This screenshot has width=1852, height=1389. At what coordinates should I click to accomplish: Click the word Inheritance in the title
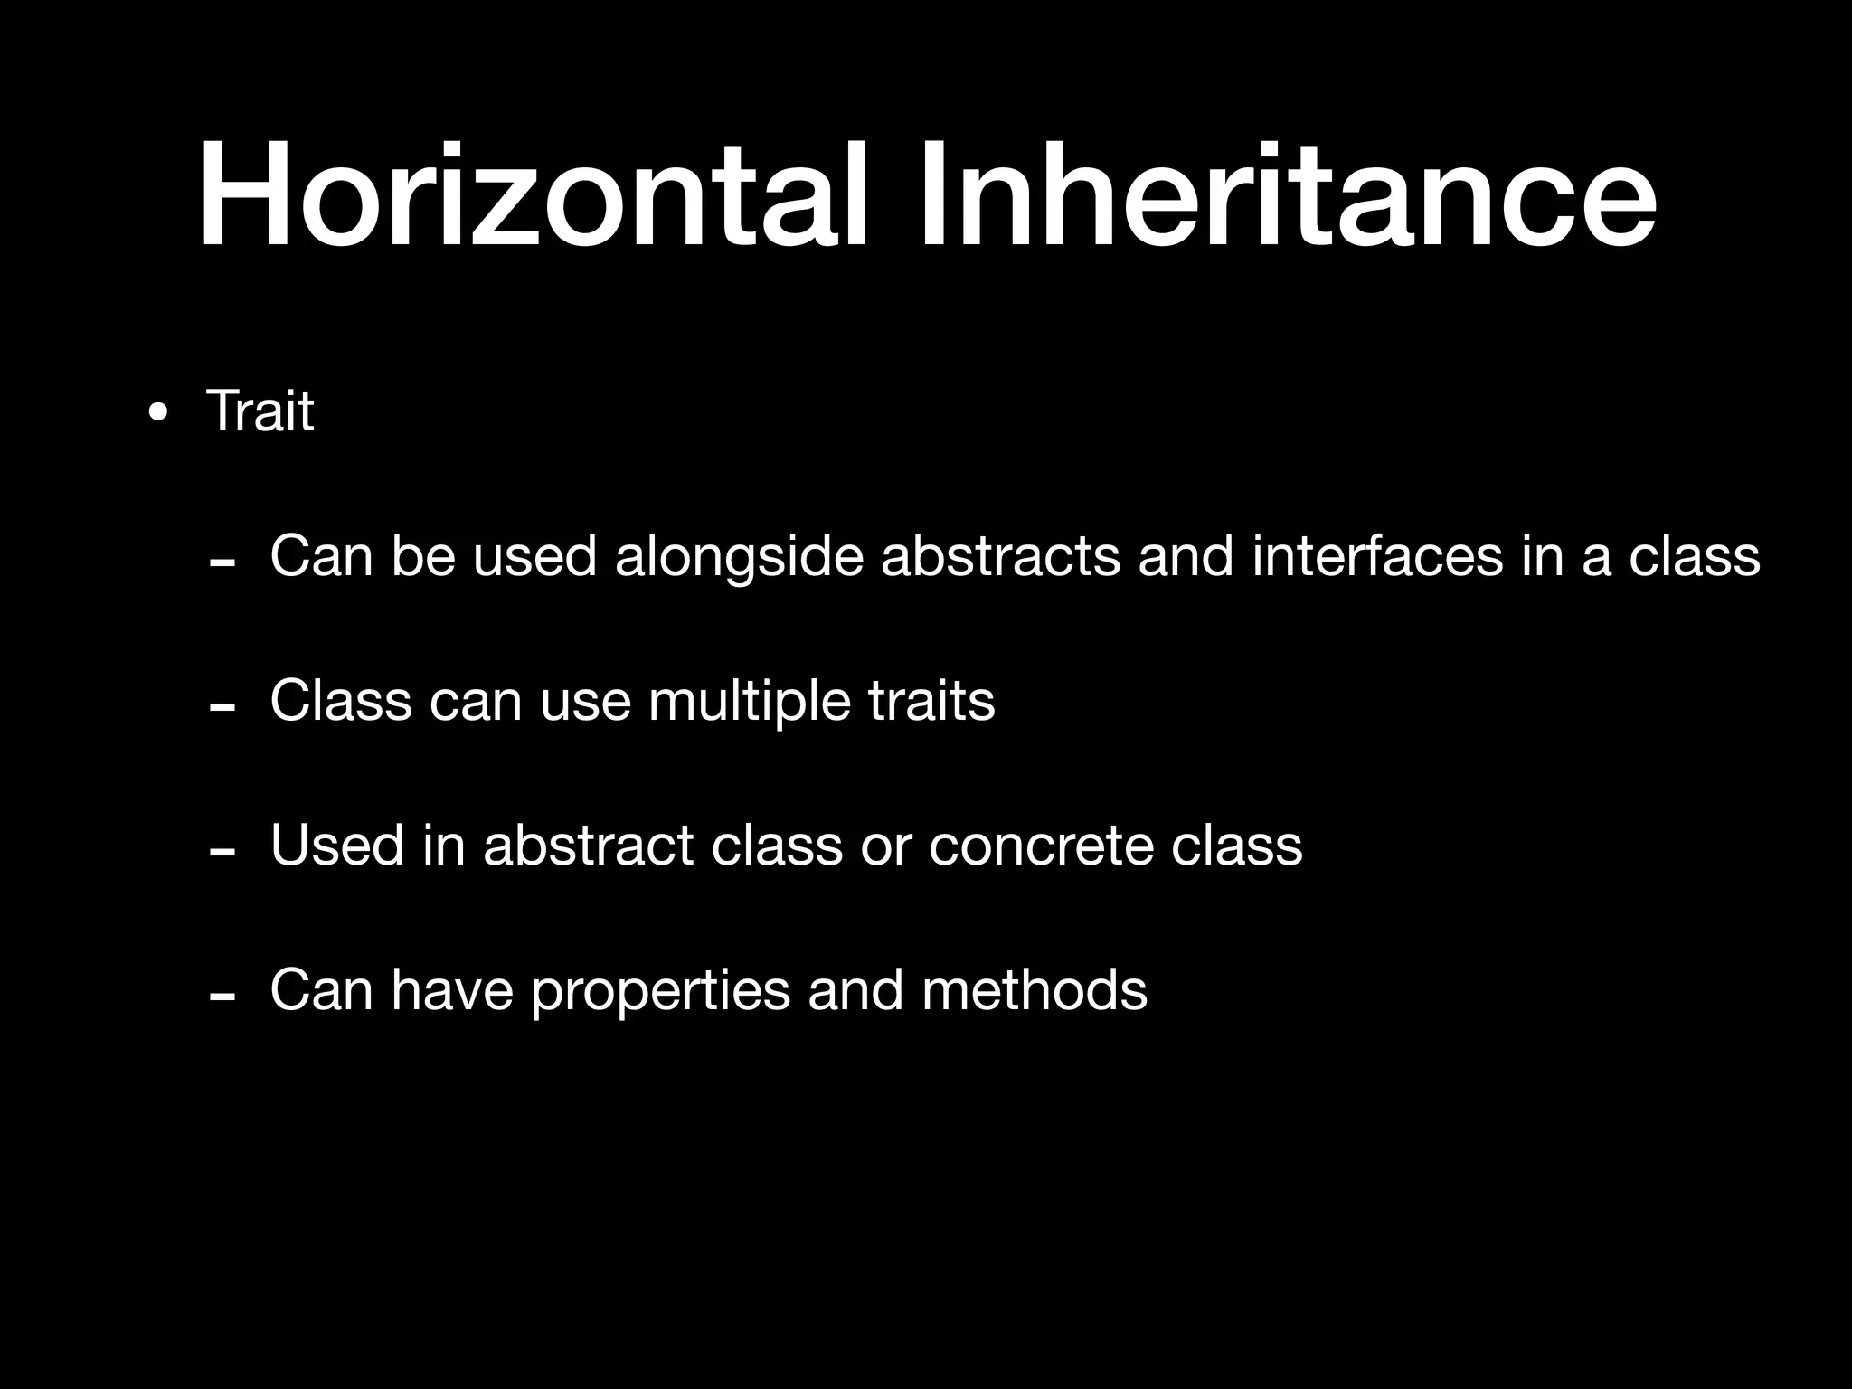point(1288,196)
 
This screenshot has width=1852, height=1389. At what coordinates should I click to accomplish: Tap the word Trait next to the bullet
point(260,411)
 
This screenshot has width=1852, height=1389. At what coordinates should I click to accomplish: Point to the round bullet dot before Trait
point(157,414)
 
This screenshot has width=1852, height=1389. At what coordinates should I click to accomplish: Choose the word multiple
point(749,702)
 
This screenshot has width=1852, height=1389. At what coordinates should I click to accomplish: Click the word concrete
point(1040,846)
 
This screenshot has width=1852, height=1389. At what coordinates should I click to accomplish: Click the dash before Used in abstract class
point(222,853)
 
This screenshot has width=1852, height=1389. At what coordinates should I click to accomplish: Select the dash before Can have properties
point(222,997)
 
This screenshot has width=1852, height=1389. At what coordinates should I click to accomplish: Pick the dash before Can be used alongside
point(222,563)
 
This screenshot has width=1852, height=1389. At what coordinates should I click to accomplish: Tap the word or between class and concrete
point(885,846)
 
